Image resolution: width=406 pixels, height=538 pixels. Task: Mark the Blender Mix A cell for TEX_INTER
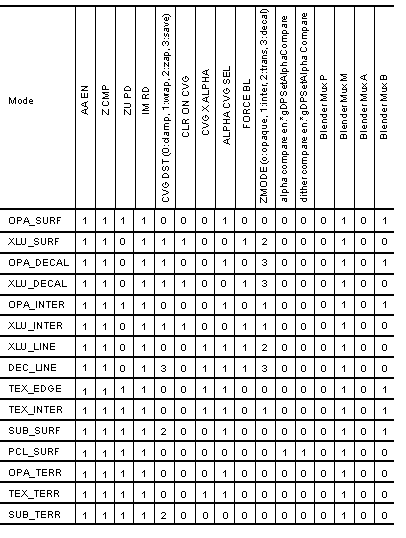coord(363,409)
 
